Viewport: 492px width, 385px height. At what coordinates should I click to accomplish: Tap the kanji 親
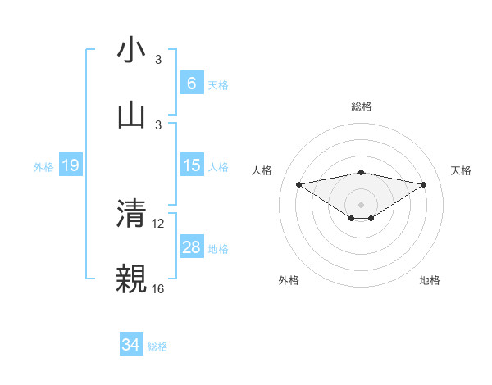click(131, 278)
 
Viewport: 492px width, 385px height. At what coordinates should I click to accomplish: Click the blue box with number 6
click(191, 83)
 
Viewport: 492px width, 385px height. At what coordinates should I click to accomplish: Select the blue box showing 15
click(191, 165)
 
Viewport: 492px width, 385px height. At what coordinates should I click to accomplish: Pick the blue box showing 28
click(191, 247)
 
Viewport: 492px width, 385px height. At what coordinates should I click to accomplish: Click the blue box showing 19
click(70, 165)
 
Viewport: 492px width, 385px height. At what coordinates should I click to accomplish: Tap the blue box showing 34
click(130, 345)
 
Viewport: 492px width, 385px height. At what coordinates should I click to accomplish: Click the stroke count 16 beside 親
click(157, 288)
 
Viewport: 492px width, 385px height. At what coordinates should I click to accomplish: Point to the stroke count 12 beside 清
click(157, 223)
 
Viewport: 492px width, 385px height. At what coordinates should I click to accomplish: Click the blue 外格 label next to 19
click(43, 166)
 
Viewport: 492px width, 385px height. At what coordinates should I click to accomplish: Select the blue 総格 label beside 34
click(157, 346)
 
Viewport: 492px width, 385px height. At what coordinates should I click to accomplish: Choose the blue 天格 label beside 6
click(218, 84)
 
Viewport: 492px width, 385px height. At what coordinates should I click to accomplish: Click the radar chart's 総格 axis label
click(362, 106)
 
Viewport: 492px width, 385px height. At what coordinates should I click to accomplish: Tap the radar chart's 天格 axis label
click(462, 170)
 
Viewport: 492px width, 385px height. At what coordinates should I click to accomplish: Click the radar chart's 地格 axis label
click(430, 280)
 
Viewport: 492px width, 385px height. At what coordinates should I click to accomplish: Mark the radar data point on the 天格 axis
click(424, 184)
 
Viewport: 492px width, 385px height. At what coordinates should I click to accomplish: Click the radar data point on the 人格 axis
click(298, 184)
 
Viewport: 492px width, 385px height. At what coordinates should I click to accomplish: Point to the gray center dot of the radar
click(362, 204)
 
